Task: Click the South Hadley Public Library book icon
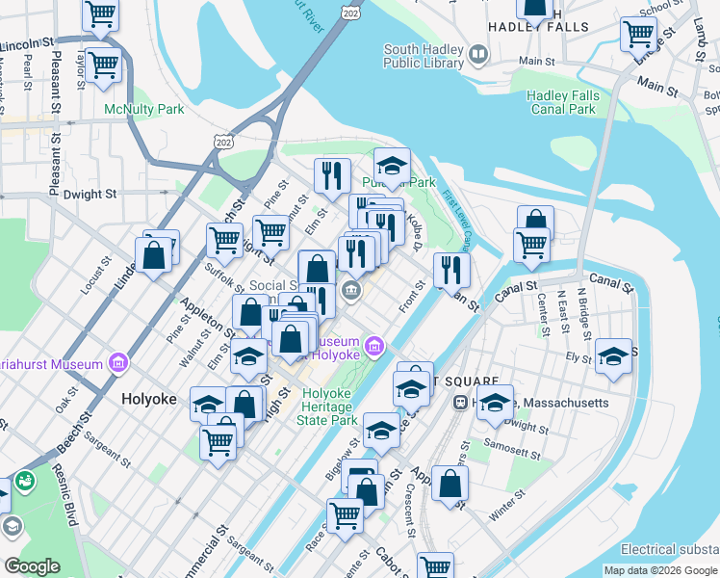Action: (478, 56)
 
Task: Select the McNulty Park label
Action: (144, 109)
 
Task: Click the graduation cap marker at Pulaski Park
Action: (392, 166)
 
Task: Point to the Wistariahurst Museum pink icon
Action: (117, 363)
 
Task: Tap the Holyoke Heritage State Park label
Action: (329, 407)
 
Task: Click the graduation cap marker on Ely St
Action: (611, 356)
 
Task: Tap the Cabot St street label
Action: (392, 560)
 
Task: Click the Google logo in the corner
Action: (32, 566)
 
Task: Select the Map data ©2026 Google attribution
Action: (660, 570)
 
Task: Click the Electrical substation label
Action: (669, 549)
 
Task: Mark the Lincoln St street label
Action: (27, 45)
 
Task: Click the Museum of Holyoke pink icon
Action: (374, 345)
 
